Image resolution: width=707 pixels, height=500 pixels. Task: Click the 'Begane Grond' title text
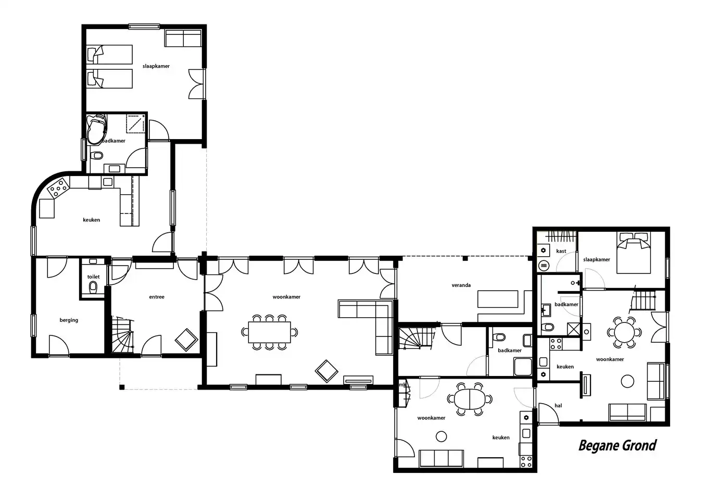(x=617, y=446)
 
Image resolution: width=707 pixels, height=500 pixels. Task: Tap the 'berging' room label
(x=69, y=320)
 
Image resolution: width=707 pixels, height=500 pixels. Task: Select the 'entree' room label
(x=157, y=297)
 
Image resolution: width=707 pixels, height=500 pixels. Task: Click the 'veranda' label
(x=461, y=285)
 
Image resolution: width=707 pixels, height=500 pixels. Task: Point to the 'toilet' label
(x=93, y=277)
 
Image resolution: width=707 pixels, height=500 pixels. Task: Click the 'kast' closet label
(x=561, y=251)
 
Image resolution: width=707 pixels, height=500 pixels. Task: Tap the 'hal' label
(x=558, y=406)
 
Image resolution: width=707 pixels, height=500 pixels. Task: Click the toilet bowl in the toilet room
(x=93, y=287)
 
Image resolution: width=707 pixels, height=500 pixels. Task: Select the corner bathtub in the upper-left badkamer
(x=97, y=129)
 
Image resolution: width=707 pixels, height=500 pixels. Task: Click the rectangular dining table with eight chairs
(x=269, y=332)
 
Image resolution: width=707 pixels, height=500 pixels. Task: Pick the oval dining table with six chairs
(x=470, y=399)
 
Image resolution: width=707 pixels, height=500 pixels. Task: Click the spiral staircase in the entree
(x=122, y=334)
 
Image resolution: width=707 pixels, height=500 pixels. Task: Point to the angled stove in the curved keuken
(x=58, y=188)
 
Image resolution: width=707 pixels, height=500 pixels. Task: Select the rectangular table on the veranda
(x=498, y=299)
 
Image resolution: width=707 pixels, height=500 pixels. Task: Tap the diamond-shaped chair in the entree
(x=186, y=340)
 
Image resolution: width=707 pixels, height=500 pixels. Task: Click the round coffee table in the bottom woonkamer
(x=441, y=436)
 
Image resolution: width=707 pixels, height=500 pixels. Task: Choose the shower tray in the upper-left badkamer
(x=136, y=124)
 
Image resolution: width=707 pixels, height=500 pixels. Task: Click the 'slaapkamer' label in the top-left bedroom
(x=156, y=66)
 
